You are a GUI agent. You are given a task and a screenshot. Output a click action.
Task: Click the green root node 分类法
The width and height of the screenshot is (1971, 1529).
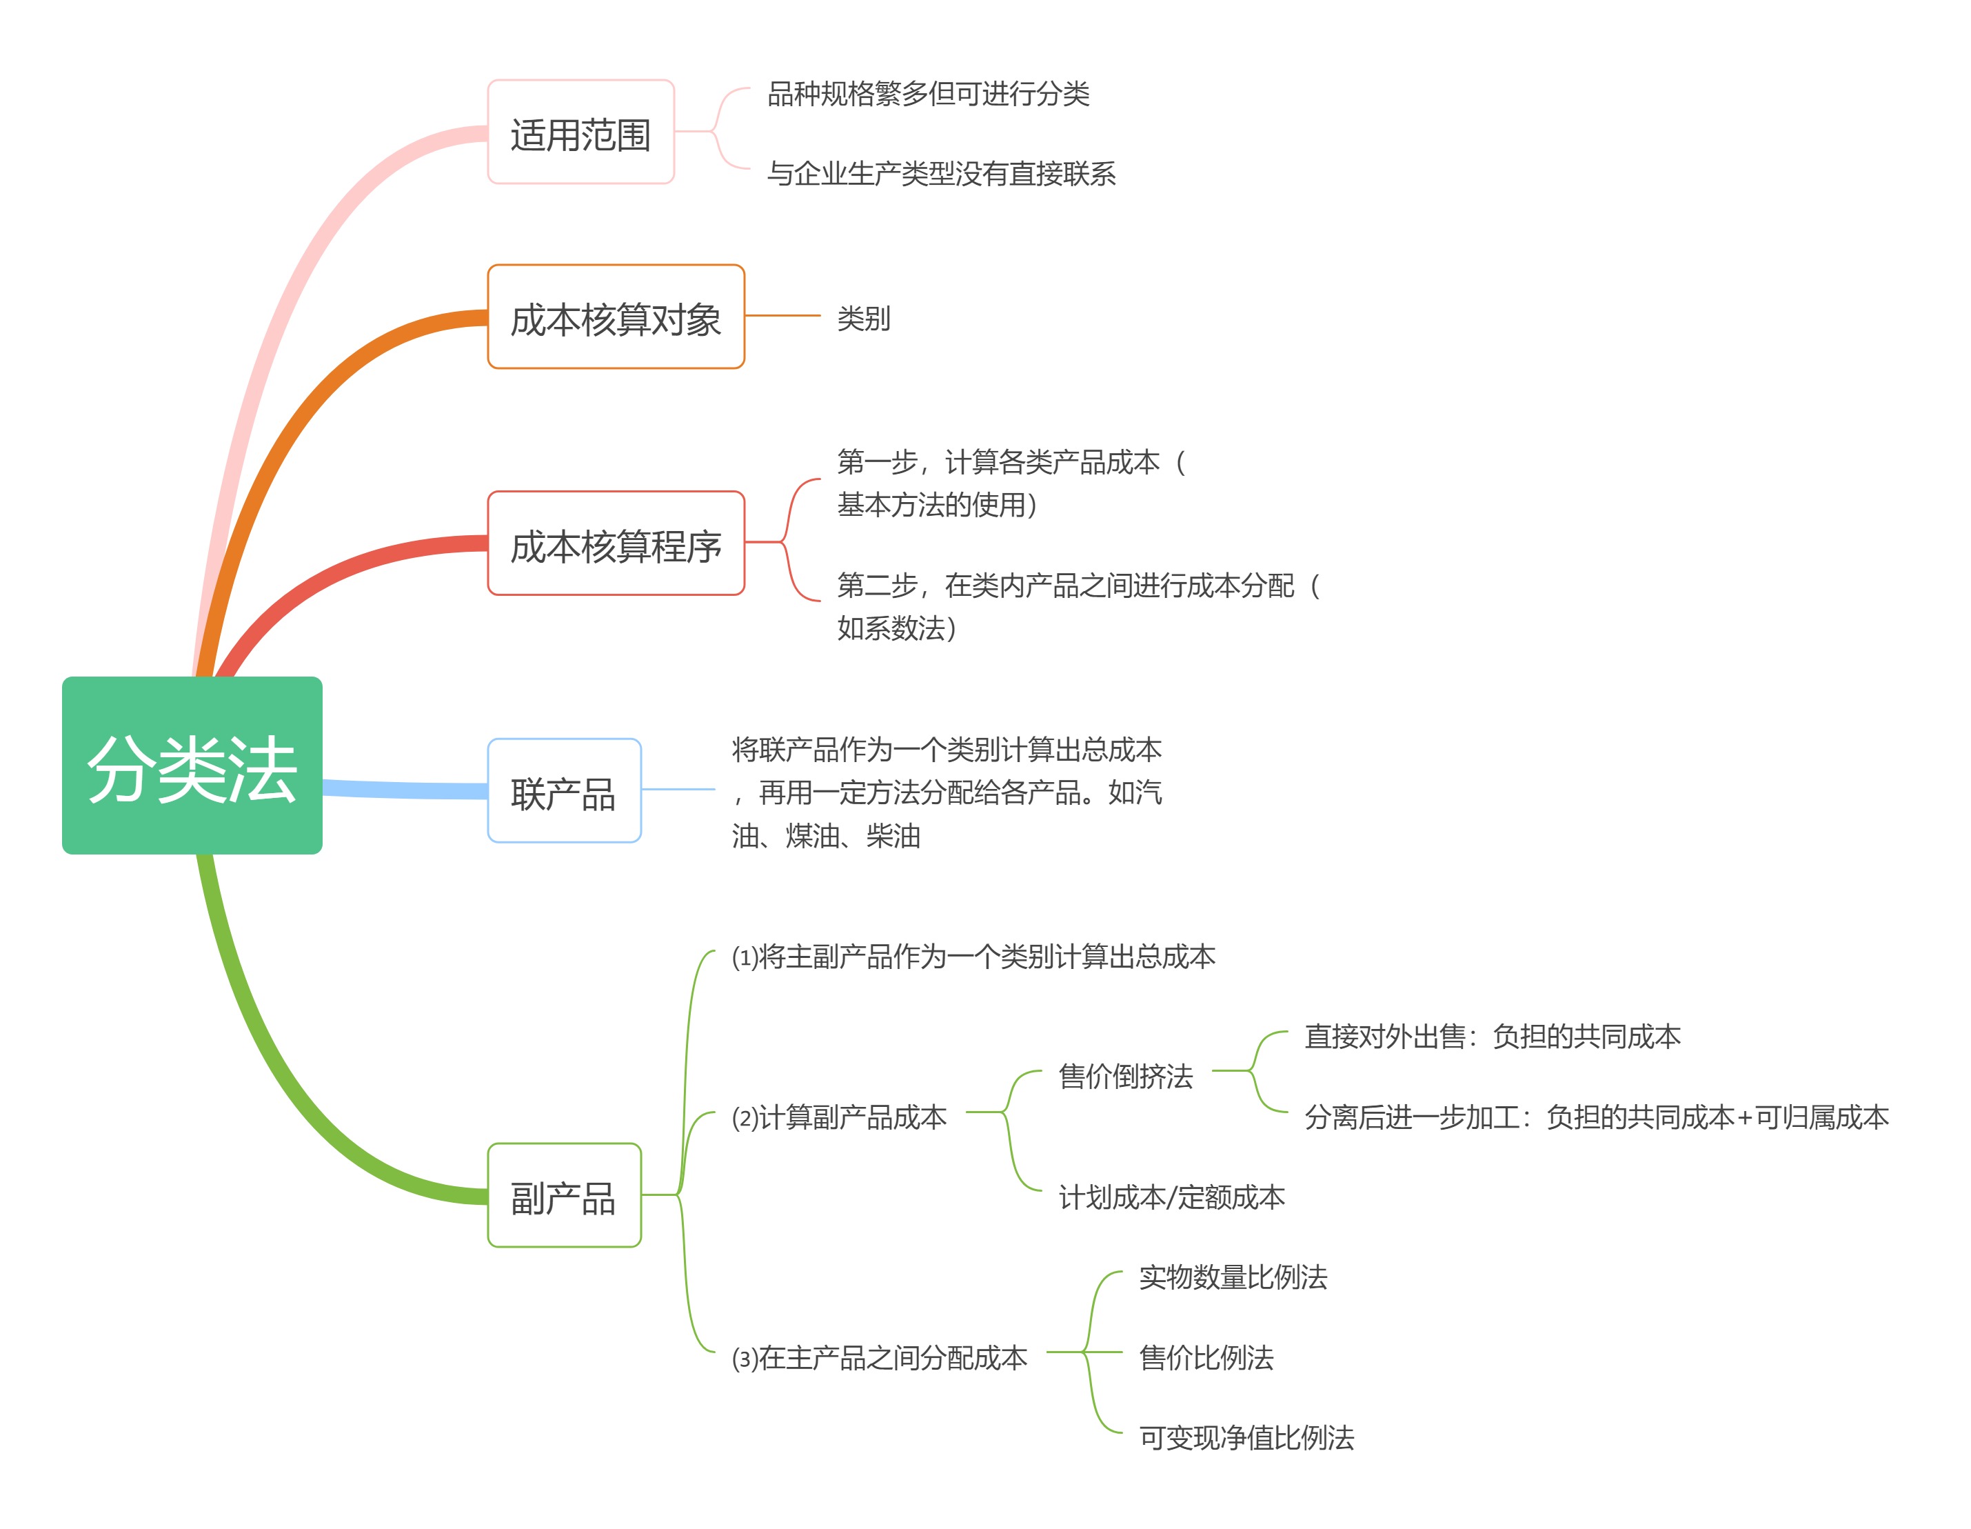coord(192,766)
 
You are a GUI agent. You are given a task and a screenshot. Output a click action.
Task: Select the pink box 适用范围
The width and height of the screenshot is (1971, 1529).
coord(580,132)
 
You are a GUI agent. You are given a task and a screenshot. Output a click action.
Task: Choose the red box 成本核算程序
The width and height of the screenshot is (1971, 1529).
coord(616,543)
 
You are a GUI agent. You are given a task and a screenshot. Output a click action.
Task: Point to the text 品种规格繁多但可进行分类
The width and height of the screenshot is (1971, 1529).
coord(928,94)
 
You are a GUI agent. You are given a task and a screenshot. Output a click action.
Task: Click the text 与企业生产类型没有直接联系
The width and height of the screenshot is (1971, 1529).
coord(940,173)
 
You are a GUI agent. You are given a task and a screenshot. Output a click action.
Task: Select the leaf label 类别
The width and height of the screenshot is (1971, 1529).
coord(862,318)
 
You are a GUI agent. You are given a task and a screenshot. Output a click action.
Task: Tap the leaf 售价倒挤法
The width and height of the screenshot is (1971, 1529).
coord(1125,1076)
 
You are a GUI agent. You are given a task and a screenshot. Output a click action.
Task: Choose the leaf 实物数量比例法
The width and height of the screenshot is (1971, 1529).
coord(1233,1277)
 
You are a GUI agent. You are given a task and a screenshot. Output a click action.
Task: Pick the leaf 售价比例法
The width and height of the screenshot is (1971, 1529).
coord(1206,1357)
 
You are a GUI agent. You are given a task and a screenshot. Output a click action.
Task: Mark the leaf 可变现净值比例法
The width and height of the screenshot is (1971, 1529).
coord(1246,1438)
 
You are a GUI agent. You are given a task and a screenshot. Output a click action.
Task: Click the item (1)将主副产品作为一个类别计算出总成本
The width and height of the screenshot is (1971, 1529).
coord(973,957)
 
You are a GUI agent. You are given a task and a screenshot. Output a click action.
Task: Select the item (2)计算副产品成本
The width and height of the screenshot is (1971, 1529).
coord(838,1117)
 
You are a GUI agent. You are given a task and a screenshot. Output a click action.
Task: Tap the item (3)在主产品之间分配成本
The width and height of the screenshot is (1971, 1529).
coord(879,1357)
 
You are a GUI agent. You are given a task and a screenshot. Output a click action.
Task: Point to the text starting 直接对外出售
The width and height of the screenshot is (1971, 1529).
coord(1492,1036)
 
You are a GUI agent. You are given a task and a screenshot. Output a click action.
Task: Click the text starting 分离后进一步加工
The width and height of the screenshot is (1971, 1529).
coord(1595,1117)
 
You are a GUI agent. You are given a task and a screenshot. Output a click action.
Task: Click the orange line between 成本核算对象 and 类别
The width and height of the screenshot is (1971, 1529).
coord(782,316)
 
